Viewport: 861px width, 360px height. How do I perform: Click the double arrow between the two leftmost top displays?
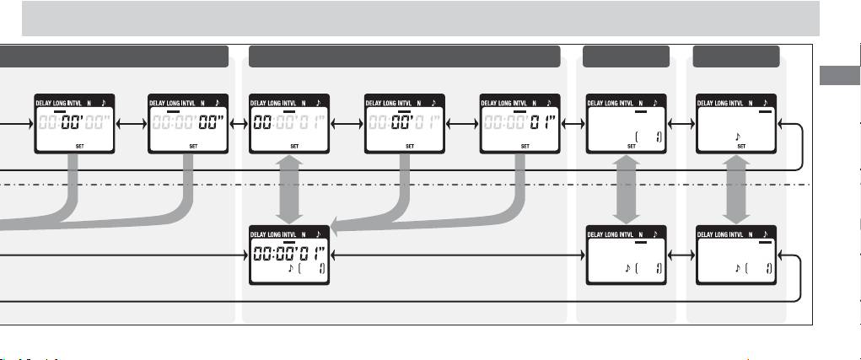[x=130, y=123]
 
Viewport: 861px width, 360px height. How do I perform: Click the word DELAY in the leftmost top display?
[x=44, y=102]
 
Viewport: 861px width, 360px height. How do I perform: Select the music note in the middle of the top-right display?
[x=738, y=134]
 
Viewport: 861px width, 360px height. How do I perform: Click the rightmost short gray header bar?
[x=735, y=56]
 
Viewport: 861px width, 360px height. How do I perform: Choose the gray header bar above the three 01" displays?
[x=405, y=56]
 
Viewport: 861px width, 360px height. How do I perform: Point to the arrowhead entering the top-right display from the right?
[x=783, y=123]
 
